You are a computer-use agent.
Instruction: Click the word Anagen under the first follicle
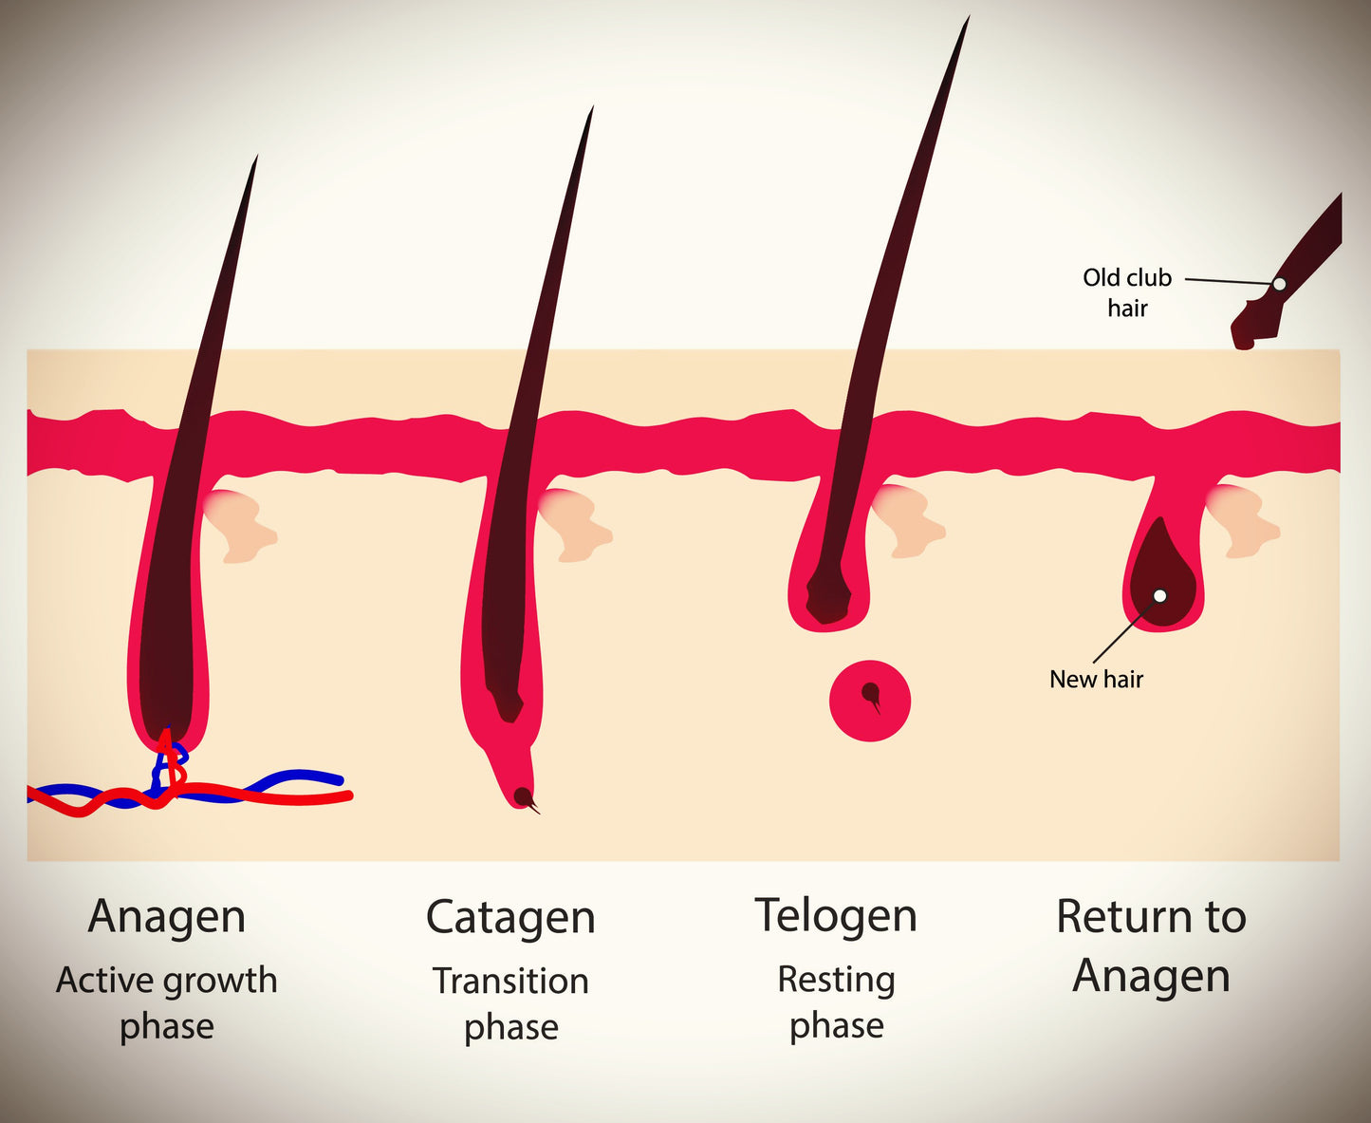[167, 917]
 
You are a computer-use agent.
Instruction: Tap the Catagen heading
[510, 918]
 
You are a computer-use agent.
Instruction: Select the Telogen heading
[836, 916]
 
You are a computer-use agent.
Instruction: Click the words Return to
[1151, 917]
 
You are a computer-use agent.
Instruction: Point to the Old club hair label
[1127, 291]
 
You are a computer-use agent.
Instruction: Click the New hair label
[1096, 679]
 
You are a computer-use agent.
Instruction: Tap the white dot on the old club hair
[1279, 284]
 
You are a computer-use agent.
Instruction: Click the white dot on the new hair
[1159, 596]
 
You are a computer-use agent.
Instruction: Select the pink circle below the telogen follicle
[870, 701]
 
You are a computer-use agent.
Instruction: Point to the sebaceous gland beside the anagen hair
[242, 524]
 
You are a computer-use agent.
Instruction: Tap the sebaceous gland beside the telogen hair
[909, 520]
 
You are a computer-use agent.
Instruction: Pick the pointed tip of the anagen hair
[254, 161]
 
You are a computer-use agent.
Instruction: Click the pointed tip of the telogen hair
[967, 21]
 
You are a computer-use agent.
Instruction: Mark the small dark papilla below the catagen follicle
[521, 795]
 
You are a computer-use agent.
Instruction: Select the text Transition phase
[510, 1003]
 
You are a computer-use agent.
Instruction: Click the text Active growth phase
[167, 1002]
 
